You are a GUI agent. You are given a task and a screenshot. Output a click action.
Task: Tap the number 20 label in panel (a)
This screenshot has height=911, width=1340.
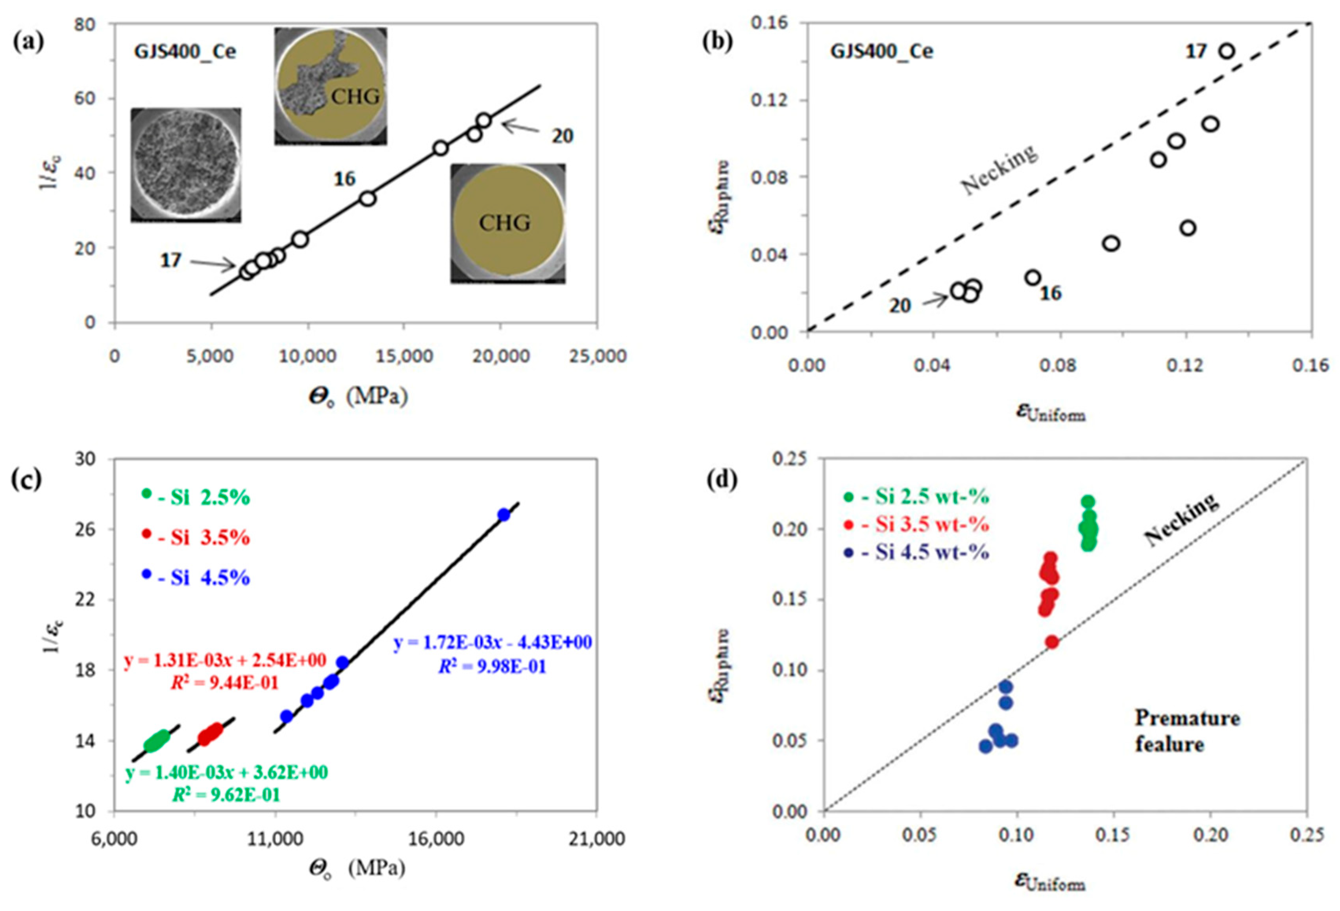point(562,136)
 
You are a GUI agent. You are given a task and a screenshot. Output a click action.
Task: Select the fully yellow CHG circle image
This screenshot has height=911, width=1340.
point(507,223)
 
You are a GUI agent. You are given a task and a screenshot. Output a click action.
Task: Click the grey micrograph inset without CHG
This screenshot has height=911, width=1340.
point(186,165)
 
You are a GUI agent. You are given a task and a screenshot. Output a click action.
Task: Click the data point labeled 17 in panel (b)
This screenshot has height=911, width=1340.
point(1226,51)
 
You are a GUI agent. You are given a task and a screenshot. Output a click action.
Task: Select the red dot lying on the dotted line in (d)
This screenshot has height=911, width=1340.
point(1052,642)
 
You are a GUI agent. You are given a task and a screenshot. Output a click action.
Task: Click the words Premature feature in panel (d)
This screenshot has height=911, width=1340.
point(1186,731)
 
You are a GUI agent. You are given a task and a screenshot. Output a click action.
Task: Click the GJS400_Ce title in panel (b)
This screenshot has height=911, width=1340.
point(882,51)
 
